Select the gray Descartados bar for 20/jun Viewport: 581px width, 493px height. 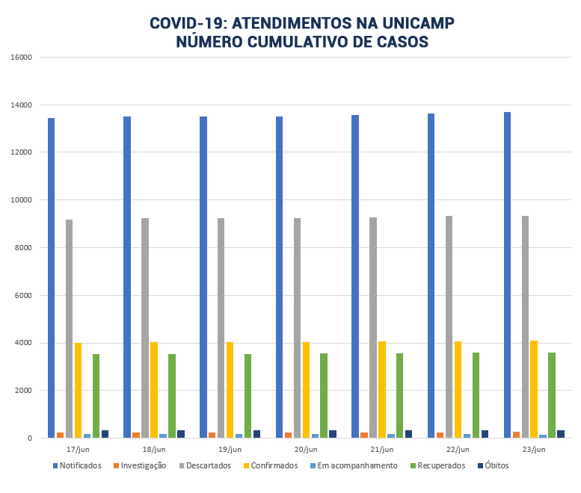point(297,328)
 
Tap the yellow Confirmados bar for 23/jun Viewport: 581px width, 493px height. point(534,389)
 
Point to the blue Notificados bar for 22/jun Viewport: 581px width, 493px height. point(431,276)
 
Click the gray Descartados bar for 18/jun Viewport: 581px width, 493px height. point(145,328)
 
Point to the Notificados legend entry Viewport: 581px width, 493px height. point(76,466)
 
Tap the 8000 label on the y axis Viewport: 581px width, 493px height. point(23,248)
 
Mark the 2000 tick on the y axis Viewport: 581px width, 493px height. point(23,391)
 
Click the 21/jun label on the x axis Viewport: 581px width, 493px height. point(382,450)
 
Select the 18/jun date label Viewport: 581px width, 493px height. point(154,450)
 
